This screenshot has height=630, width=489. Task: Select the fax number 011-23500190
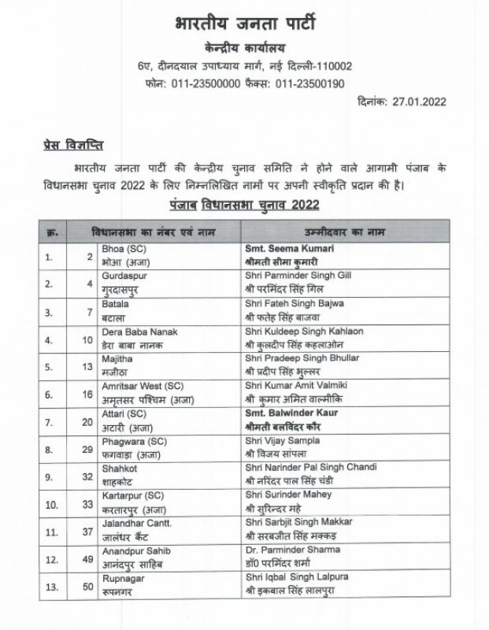coord(306,82)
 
